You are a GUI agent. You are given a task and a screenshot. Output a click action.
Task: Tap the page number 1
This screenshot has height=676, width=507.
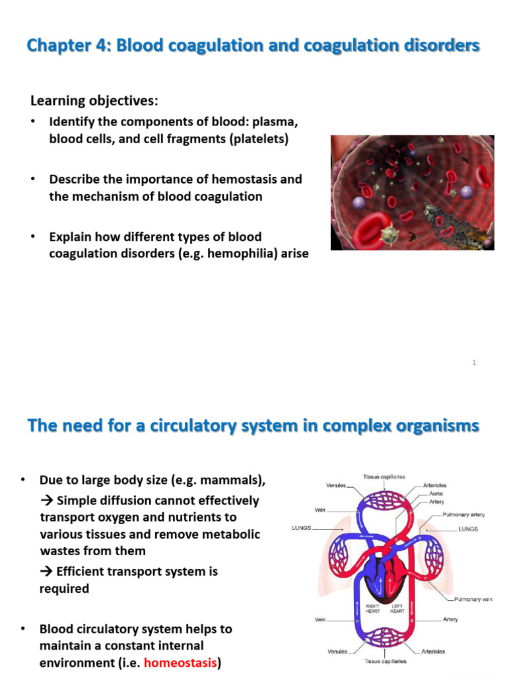click(x=474, y=362)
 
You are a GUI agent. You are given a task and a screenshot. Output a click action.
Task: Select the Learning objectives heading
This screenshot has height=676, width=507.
click(x=94, y=101)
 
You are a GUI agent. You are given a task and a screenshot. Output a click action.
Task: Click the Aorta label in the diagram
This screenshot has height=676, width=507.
click(x=436, y=493)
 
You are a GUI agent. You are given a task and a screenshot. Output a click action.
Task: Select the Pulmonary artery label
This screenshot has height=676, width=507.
click(x=463, y=514)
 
